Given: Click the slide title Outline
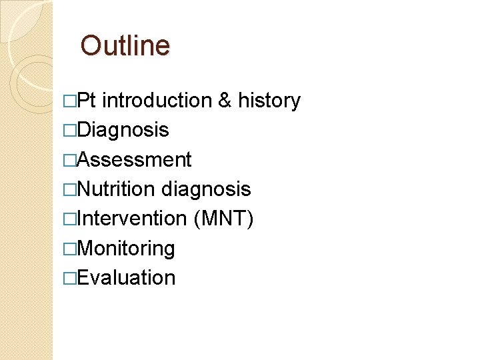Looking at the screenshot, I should tap(125, 46).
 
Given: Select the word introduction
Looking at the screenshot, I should tap(157, 101).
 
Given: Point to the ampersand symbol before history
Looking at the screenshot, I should tap(225, 101).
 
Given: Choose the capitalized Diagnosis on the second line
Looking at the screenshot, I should tap(123, 130).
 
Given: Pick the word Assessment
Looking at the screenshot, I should tap(135, 160).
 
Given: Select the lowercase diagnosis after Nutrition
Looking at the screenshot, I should tap(206, 189).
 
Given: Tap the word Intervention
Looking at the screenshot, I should tap(132, 219).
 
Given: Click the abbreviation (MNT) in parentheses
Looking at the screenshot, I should tap(223, 219).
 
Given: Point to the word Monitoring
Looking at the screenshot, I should tap(126, 249).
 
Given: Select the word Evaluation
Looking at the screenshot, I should tap(126, 278).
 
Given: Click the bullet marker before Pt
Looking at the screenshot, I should tap(69, 101).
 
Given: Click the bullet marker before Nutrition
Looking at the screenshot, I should tap(69, 190).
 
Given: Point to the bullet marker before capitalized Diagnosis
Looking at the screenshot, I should tap(69, 131).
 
